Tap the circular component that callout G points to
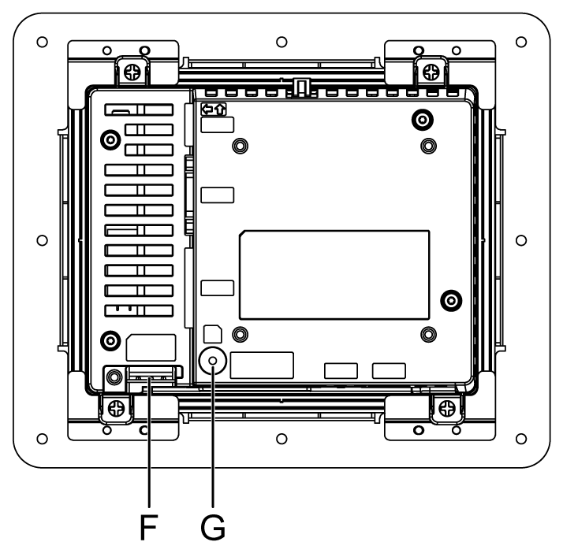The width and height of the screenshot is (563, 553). coord(212,361)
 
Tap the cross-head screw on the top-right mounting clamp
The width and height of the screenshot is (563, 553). coord(431,72)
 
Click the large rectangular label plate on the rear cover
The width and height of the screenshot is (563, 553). coord(334,270)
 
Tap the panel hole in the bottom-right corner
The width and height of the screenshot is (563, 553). coord(520,436)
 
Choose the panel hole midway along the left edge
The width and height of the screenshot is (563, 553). coord(43,239)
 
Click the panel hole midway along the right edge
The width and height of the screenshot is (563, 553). coord(520,239)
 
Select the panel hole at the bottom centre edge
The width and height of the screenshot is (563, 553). coord(281,436)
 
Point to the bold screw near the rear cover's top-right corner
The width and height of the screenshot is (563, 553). coord(423,119)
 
